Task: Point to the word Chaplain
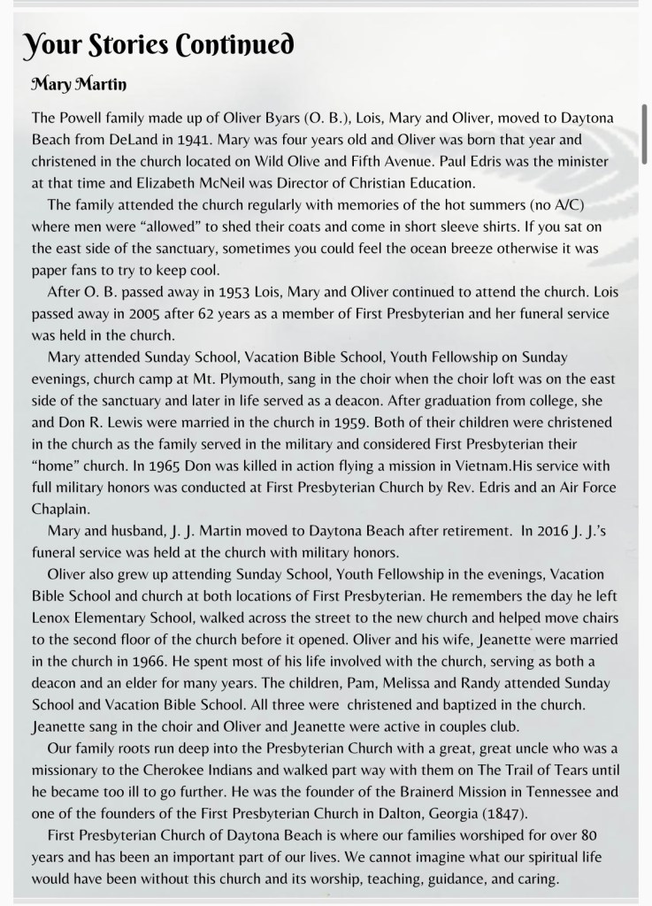tap(62, 508)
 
